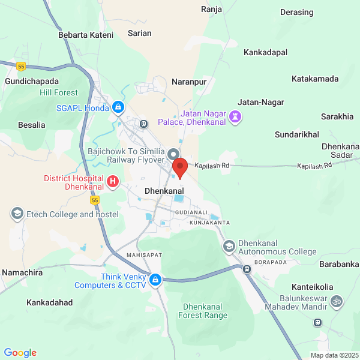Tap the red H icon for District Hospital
click(112, 181)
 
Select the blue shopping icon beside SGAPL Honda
click(119, 108)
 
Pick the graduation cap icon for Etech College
click(17, 214)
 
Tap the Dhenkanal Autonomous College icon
click(229, 246)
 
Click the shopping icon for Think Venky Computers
click(155, 280)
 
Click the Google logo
click(20, 353)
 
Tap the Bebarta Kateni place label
click(86, 35)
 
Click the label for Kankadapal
click(266, 53)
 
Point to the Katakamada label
click(315, 79)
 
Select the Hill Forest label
click(59, 92)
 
